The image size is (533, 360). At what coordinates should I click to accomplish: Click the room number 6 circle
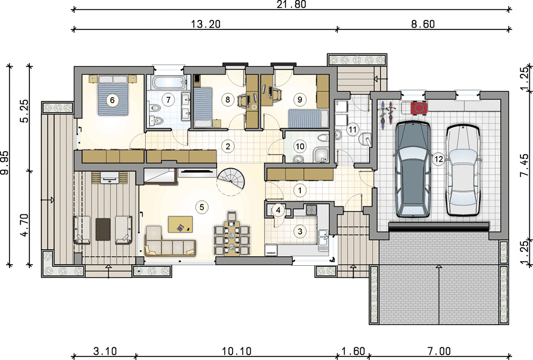pos(113,100)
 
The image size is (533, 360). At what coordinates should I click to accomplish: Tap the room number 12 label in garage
pos(439,159)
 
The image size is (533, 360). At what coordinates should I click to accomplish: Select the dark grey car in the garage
pos(413,169)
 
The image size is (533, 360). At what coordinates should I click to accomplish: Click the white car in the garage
pos(463,170)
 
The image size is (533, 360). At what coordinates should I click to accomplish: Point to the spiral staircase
pos(231,181)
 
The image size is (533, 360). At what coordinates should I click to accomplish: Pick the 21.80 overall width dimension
pos(291,4)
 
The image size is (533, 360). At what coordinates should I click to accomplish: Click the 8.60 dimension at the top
pos(423,24)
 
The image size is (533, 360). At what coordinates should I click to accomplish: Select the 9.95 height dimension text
pos(5,163)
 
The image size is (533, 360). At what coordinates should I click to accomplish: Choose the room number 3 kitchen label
pos(300,232)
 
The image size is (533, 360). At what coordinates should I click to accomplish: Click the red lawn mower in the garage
pos(418,107)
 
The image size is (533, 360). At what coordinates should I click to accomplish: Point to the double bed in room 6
pos(113,95)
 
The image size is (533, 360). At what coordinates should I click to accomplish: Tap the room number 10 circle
pos(300,146)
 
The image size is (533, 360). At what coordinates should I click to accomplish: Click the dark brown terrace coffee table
pos(103,229)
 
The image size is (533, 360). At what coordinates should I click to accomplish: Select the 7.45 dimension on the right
pos(525,165)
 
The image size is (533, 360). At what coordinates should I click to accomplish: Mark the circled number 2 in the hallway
pos(228,146)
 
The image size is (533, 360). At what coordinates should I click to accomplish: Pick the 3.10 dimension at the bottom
pos(105,351)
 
